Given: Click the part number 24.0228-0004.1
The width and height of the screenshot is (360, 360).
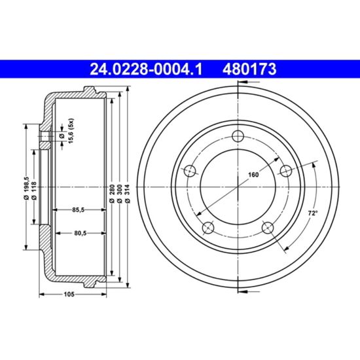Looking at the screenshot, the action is coord(146,69).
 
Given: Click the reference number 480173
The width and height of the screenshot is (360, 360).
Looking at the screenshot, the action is coord(249,69).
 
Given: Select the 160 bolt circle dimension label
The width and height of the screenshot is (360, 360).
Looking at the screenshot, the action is coord(253,175).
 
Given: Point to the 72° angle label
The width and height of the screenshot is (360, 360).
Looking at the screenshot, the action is coord(313,213).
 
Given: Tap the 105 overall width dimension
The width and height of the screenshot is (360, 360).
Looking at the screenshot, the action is coord(69,294).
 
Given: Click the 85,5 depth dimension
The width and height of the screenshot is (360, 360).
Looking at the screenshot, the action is coord(79,209).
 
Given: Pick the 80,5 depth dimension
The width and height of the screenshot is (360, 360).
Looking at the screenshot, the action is coord(80,233).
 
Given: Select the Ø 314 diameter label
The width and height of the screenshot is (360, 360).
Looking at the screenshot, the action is coord(128,194).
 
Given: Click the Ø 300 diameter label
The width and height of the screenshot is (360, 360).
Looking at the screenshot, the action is coord(119,194).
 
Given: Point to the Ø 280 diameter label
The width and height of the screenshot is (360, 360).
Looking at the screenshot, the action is coord(112,194).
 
